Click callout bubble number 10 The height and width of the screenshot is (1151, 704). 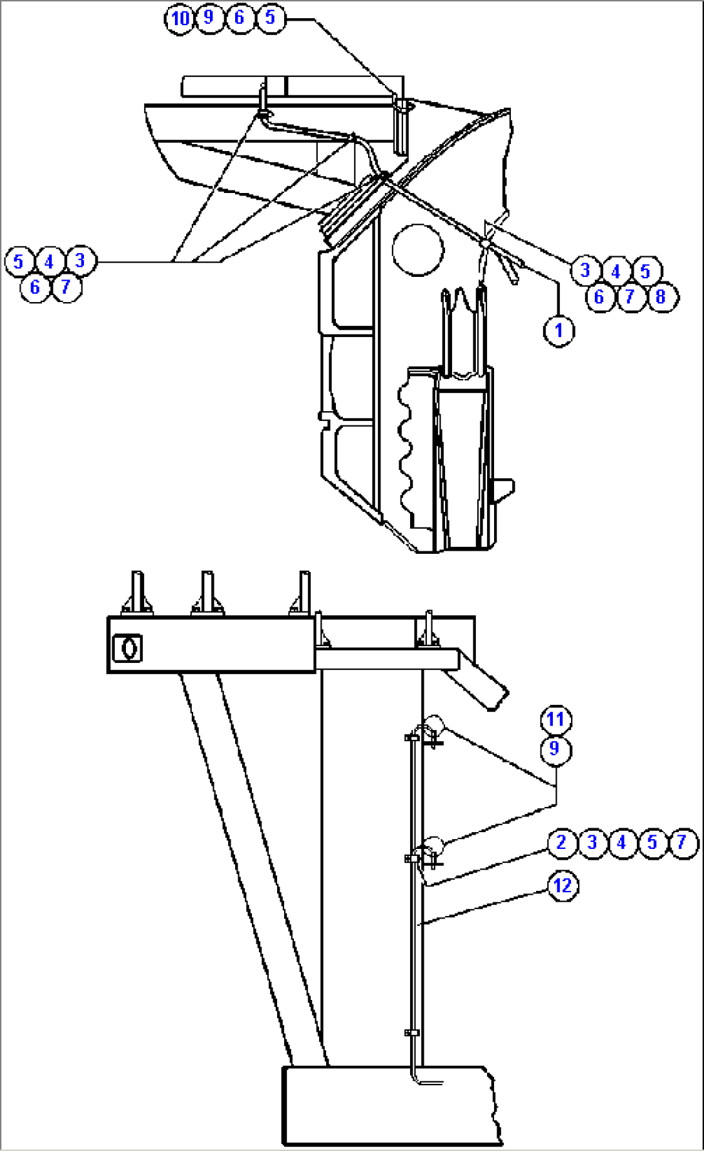[180, 18]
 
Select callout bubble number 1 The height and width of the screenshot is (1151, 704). [559, 331]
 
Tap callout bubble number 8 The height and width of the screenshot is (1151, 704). [660, 297]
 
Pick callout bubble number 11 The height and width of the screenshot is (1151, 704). [555, 719]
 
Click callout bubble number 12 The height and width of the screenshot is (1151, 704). [563, 885]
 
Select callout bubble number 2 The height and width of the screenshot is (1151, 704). [561, 842]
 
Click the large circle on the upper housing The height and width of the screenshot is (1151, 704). [418, 249]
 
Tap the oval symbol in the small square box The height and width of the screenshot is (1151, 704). [127, 648]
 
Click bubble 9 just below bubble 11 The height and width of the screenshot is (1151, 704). [555, 749]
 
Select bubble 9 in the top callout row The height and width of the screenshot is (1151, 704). [209, 17]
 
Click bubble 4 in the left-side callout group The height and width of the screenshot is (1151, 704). [50, 261]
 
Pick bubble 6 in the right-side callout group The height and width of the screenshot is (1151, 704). [599, 297]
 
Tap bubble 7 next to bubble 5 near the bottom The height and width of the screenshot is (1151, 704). [682, 842]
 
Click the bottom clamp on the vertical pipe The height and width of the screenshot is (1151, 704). [411, 1032]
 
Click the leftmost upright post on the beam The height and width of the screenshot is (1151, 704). [137, 591]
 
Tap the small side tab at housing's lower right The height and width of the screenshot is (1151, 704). [504, 488]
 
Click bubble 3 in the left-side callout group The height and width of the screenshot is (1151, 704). [80, 261]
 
